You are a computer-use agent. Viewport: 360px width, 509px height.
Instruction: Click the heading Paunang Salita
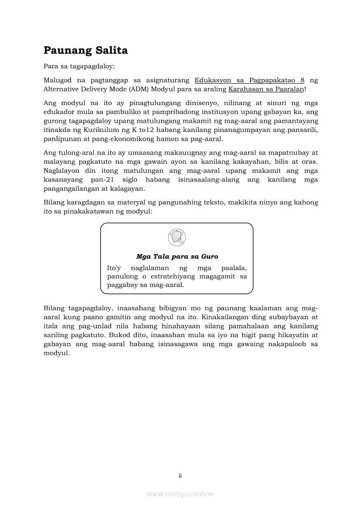tap(86, 51)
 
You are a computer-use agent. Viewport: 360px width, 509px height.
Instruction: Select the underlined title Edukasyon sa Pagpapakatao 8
tap(249, 81)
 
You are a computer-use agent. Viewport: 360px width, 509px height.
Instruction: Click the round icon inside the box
tap(177, 237)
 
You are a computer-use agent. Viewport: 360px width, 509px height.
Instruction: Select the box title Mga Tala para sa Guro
tap(177, 257)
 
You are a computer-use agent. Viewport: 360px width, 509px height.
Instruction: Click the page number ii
tap(180, 476)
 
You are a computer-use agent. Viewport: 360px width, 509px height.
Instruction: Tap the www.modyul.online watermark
tap(180, 494)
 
